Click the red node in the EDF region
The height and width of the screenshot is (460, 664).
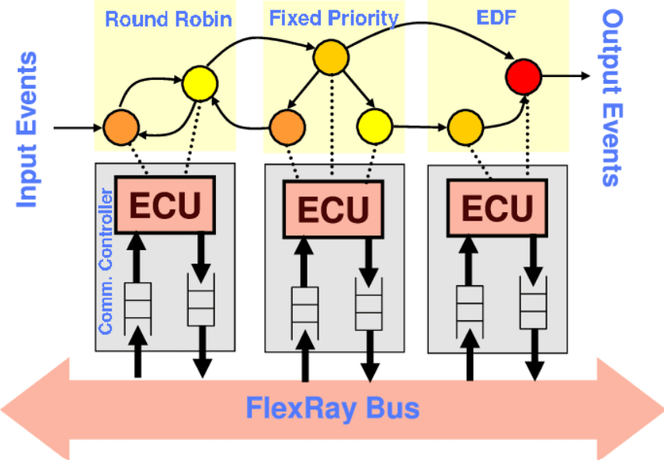pos(523,76)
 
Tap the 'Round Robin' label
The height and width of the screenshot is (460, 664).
pos(168,19)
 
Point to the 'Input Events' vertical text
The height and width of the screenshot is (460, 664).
pos(27,129)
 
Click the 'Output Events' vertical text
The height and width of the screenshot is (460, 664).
pos(613,98)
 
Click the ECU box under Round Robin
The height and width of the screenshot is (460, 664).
pos(164,204)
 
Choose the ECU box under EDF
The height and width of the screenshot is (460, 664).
pos(497,207)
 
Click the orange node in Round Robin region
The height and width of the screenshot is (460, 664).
pos(120,125)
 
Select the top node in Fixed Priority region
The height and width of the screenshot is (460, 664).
pos(331,57)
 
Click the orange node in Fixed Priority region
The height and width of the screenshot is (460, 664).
pos(287,125)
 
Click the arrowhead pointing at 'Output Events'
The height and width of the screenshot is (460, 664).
pos(585,76)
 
